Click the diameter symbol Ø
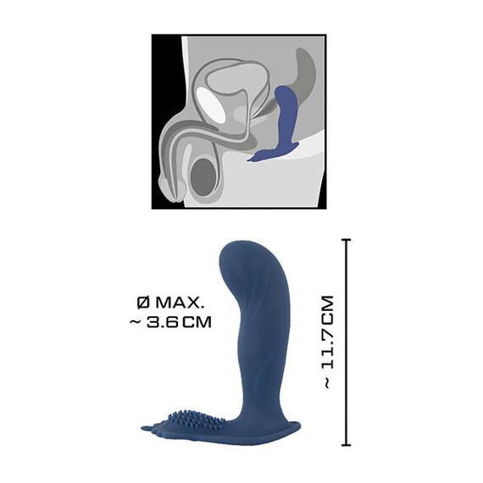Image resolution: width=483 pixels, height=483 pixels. click(142, 303)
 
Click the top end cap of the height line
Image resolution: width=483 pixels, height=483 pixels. click(347, 241)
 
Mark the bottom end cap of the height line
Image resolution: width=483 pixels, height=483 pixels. click(347, 444)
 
